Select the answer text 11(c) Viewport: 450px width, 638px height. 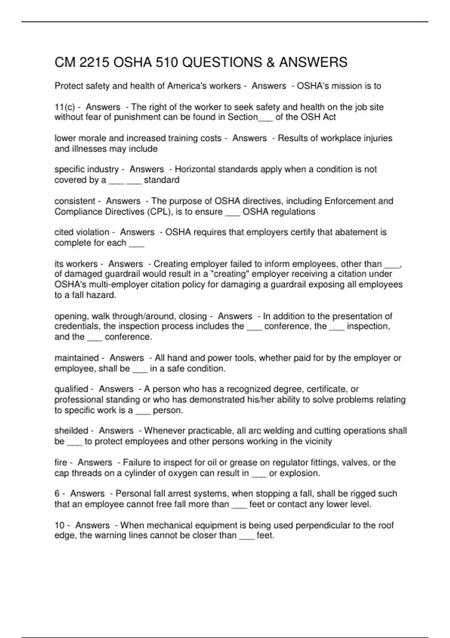(x=64, y=107)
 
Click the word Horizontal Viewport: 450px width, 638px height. (x=195, y=169)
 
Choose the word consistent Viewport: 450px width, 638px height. (x=75, y=201)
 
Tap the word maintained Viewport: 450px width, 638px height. (x=76, y=358)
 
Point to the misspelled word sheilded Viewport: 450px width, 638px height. (x=71, y=431)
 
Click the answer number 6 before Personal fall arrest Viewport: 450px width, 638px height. (x=57, y=494)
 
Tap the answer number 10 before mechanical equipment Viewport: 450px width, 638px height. (x=59, y=525)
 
